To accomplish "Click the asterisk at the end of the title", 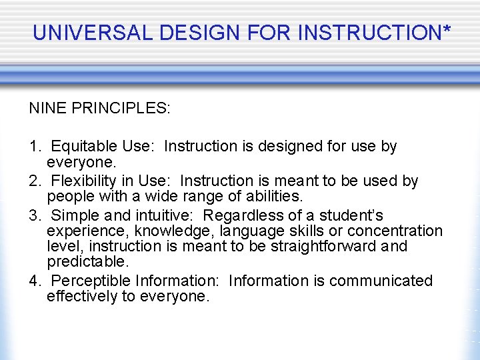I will (446, 30).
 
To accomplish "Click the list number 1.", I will (33, 146).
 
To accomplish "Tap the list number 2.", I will (33, 181).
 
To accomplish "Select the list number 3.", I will (33, 215).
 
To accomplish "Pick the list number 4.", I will (33, 281).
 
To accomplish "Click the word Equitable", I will (86, 146).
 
